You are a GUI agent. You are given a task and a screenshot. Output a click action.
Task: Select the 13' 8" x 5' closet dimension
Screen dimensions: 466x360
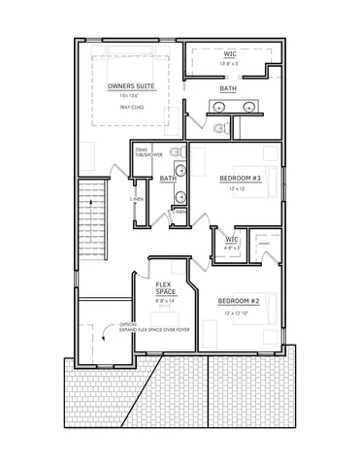229,63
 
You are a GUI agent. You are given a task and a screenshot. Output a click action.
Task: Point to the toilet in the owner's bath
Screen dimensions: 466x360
219,127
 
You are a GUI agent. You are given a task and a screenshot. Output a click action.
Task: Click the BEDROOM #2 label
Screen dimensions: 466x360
238,300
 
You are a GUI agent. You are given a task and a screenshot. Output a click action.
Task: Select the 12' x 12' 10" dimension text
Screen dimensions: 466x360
238,312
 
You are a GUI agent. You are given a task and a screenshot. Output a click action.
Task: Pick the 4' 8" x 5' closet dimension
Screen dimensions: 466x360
231,248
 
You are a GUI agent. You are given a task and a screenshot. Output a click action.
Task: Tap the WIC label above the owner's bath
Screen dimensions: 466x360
230,54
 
